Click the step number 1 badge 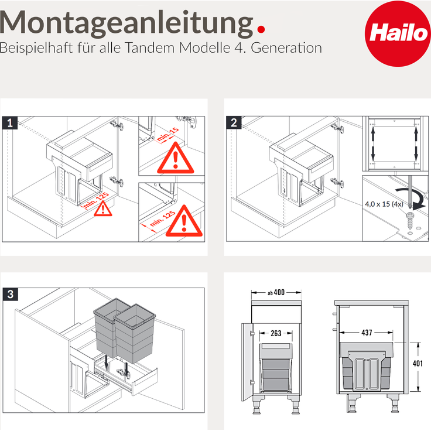click(10, 122)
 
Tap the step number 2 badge click(234, 122)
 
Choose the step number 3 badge click(10, 294)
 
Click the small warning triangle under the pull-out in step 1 click(104, 208)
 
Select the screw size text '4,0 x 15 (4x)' click(382, 204)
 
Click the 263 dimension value click(276, 333)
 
